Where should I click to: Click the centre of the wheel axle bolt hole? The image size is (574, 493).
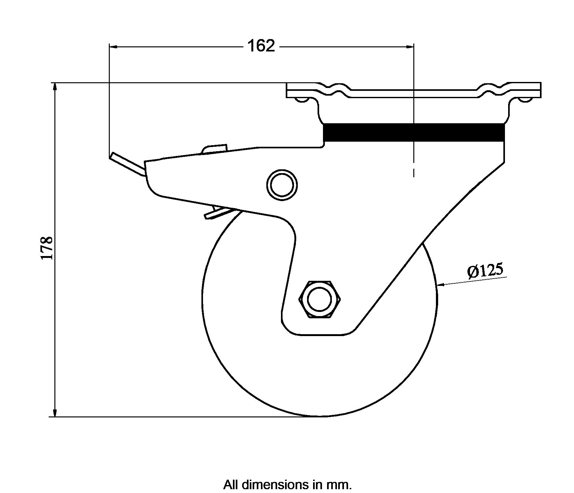320,299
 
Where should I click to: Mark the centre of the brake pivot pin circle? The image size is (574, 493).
282,185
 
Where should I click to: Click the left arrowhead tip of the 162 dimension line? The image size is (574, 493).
109,47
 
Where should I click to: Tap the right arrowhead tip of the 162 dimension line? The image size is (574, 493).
414,47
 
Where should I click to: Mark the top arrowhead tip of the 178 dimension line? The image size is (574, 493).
55,83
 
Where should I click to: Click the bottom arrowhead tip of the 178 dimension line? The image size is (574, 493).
55,416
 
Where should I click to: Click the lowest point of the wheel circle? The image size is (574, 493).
320,416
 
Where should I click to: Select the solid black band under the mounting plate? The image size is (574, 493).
414,132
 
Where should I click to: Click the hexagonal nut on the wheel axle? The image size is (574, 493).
320,299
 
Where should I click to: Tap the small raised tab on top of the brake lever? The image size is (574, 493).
214,149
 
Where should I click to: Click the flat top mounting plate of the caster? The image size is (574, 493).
414,90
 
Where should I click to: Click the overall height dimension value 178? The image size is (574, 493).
47,248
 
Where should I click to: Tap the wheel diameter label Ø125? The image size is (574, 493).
485,271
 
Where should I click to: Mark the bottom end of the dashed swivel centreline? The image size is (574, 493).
414,176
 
